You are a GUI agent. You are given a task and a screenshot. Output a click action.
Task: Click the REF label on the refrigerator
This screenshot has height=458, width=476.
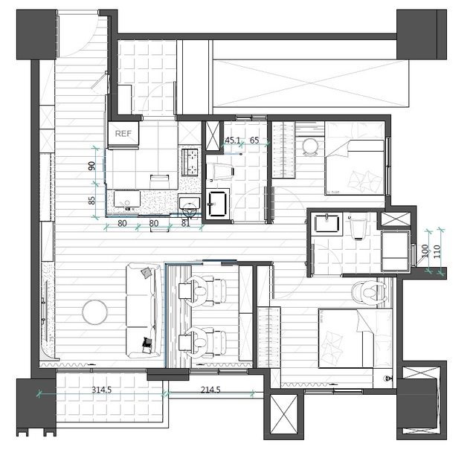point(123,134)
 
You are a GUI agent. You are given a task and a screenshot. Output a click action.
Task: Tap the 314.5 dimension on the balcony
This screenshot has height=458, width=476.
point(102,390)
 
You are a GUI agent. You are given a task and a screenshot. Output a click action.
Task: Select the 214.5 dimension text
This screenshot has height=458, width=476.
point(210,390)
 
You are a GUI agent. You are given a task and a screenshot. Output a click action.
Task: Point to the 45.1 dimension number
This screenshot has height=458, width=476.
point(233,141)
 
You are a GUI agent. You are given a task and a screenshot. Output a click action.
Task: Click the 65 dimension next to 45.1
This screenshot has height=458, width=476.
point(254,141)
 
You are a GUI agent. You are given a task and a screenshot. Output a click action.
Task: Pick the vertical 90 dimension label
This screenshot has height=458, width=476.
point(91,166)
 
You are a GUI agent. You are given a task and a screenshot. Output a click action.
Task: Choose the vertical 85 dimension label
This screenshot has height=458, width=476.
point(91,200)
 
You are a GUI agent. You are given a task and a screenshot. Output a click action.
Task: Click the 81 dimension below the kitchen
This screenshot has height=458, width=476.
point(185,223)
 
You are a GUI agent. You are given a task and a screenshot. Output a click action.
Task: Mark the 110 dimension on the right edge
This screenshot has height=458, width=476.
point(437,251)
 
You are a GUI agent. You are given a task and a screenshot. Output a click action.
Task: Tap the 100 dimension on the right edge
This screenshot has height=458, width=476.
point(425,251)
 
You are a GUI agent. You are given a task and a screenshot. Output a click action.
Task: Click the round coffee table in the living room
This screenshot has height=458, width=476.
point(94,312)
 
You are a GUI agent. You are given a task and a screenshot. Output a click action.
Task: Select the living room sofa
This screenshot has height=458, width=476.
point(144,310)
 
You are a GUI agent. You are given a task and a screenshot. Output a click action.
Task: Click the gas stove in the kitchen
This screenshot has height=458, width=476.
point(190,162)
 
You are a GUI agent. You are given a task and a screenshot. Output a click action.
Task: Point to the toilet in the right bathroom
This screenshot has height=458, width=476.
point(358,227)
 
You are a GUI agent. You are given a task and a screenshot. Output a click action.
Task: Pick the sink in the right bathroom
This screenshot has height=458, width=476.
point(327,223)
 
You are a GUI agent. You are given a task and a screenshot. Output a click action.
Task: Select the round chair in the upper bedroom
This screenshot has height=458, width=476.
point(310,147)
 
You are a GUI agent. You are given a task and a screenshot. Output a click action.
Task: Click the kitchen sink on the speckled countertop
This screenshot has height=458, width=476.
point(127,199)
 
